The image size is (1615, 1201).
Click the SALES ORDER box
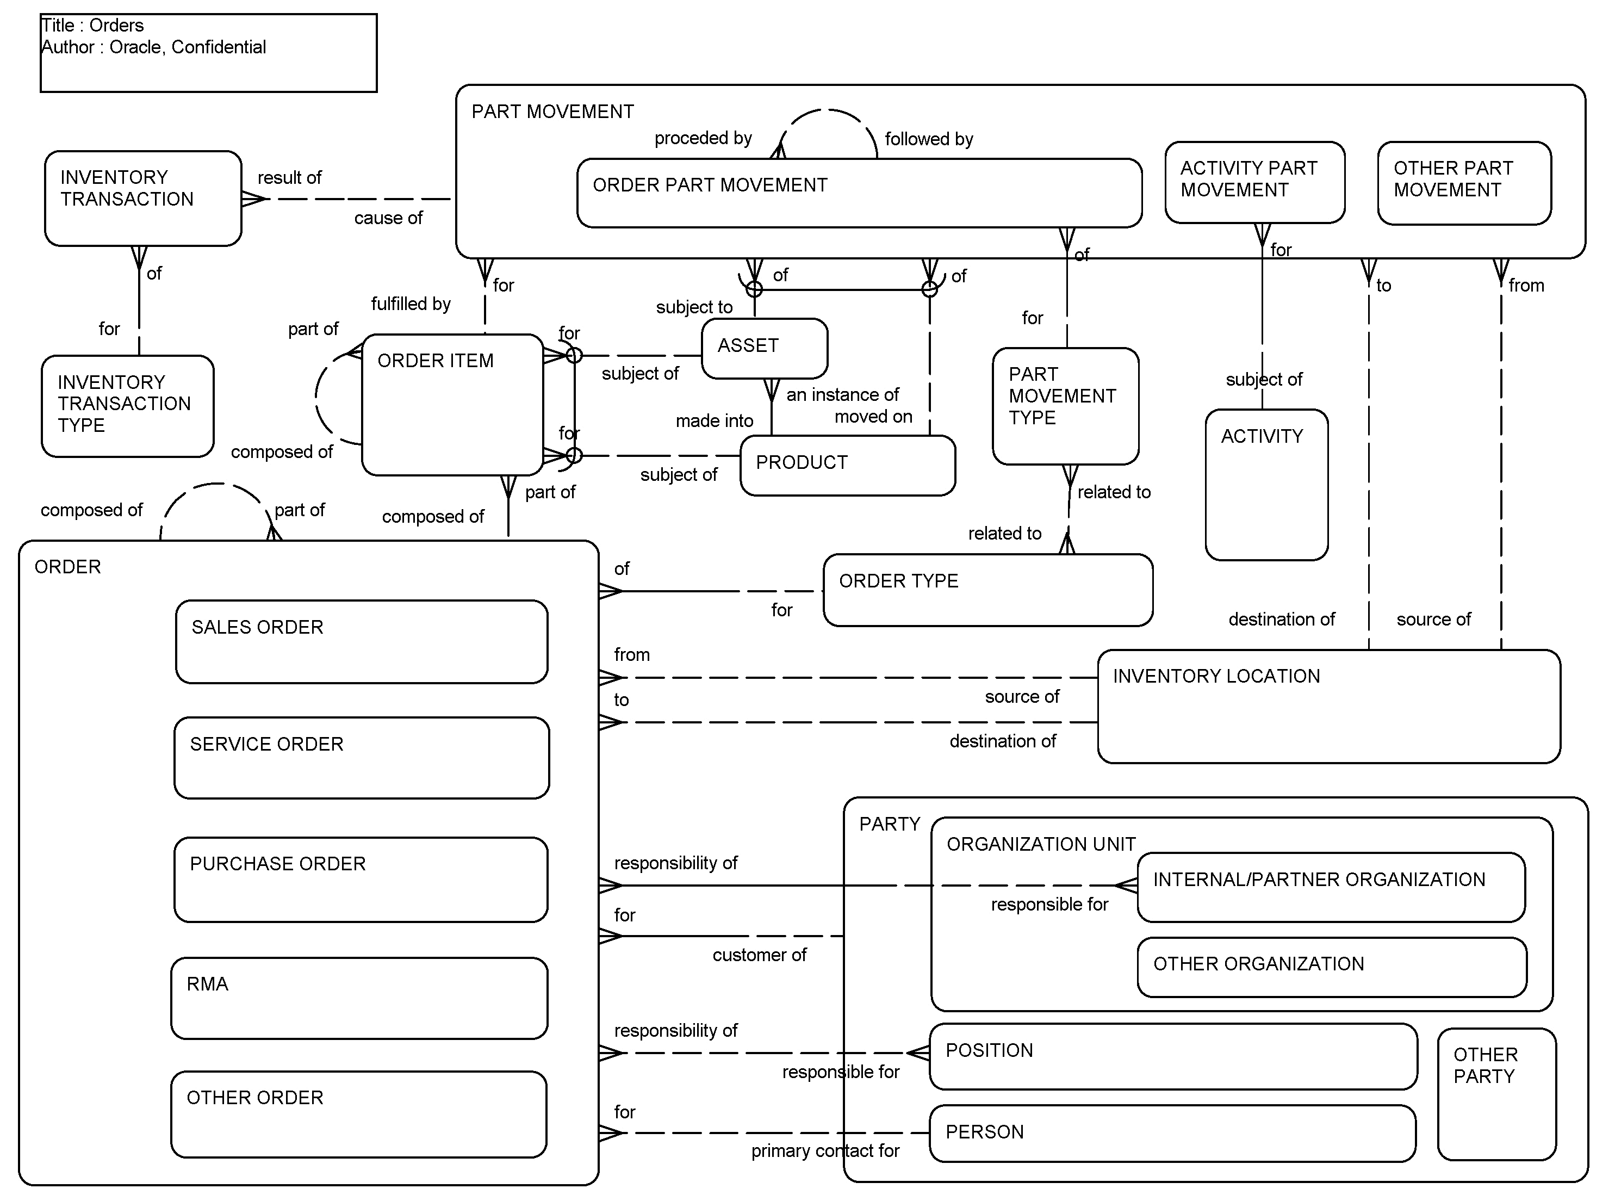[361, 641]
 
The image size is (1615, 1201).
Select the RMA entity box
[359, 998]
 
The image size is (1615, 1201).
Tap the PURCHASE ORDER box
[361, 879]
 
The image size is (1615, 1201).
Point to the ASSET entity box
[764, 348]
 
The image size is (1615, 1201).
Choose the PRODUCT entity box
[847, 465]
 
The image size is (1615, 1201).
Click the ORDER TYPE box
[987, 590]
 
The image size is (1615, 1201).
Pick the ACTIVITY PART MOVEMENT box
[1254, 182]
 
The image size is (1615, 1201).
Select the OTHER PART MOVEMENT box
[1463, 182]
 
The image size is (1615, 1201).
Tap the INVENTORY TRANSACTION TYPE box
[127, 406]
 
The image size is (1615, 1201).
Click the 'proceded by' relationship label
[703, 138]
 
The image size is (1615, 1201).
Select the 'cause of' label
[388, 218]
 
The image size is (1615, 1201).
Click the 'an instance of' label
[842, 395]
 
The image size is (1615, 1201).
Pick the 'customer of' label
[759, 955]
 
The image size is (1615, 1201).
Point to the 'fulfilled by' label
[411, 304]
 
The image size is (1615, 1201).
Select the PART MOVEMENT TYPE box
[1065, 406]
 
